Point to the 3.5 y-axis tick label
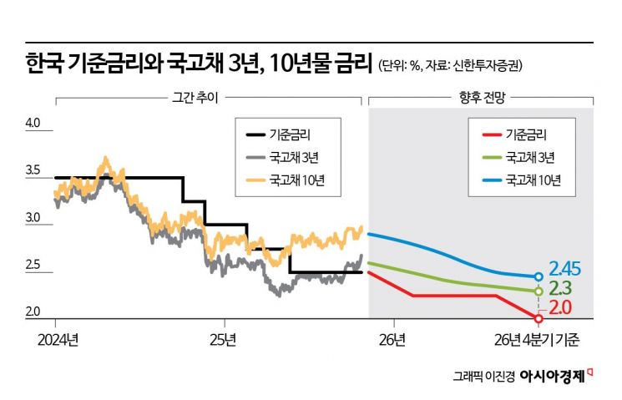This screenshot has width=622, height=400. click(x=33, y=171)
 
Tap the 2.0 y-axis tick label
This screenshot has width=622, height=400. click(x=33, y=311)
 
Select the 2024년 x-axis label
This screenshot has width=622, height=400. click(x=58, y=341)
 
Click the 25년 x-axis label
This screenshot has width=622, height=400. click(x=224, y=341)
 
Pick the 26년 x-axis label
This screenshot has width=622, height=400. click(x=392, y=341)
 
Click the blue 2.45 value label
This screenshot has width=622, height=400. click(x=566, y=269)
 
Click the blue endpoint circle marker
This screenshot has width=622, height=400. click(x=539, y=276)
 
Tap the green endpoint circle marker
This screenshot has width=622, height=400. click(x=539, y=291)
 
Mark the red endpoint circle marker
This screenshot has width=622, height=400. click(x=539, y=318)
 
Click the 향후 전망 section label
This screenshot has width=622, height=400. click(x=480, y=97)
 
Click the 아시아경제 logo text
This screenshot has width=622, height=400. click(x=550, y=375)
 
